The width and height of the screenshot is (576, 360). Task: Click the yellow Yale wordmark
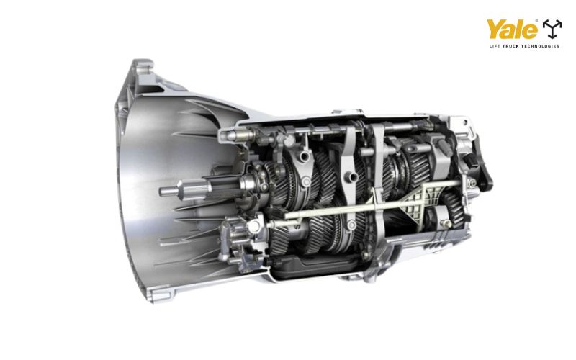tap(511, 30)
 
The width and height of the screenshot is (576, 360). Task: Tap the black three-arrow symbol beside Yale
tap(552, 29)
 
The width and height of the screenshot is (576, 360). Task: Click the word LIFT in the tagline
tap(494, 46)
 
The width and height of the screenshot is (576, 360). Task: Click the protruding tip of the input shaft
tap(164, 191)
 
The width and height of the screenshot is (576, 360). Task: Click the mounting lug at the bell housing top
tap(143, 66)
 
